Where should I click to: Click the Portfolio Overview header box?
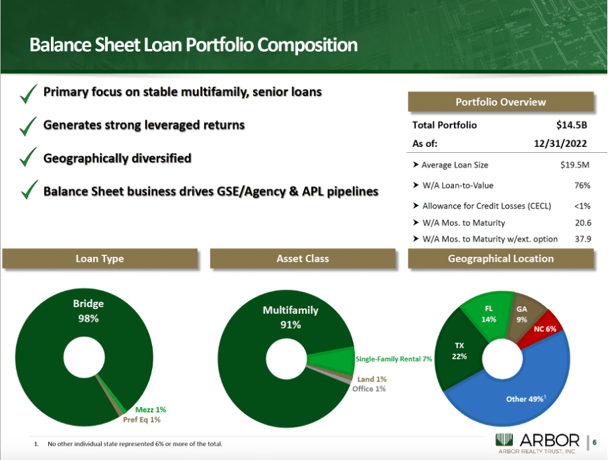(x=501, y=103)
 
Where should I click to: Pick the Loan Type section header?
(x=100, y=259)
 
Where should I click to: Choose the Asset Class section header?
(x=303, y=259)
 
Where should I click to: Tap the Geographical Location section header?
(x=501, y=259)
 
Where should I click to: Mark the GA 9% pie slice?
(x=522, y=314)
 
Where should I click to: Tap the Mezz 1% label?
(x=151, y=409)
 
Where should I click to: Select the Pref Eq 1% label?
(x=142, y=419)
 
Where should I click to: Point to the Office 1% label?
(x=369, y=389)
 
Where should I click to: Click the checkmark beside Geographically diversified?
(x=27, y=159)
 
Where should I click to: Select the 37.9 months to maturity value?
(x=583, y=239)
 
